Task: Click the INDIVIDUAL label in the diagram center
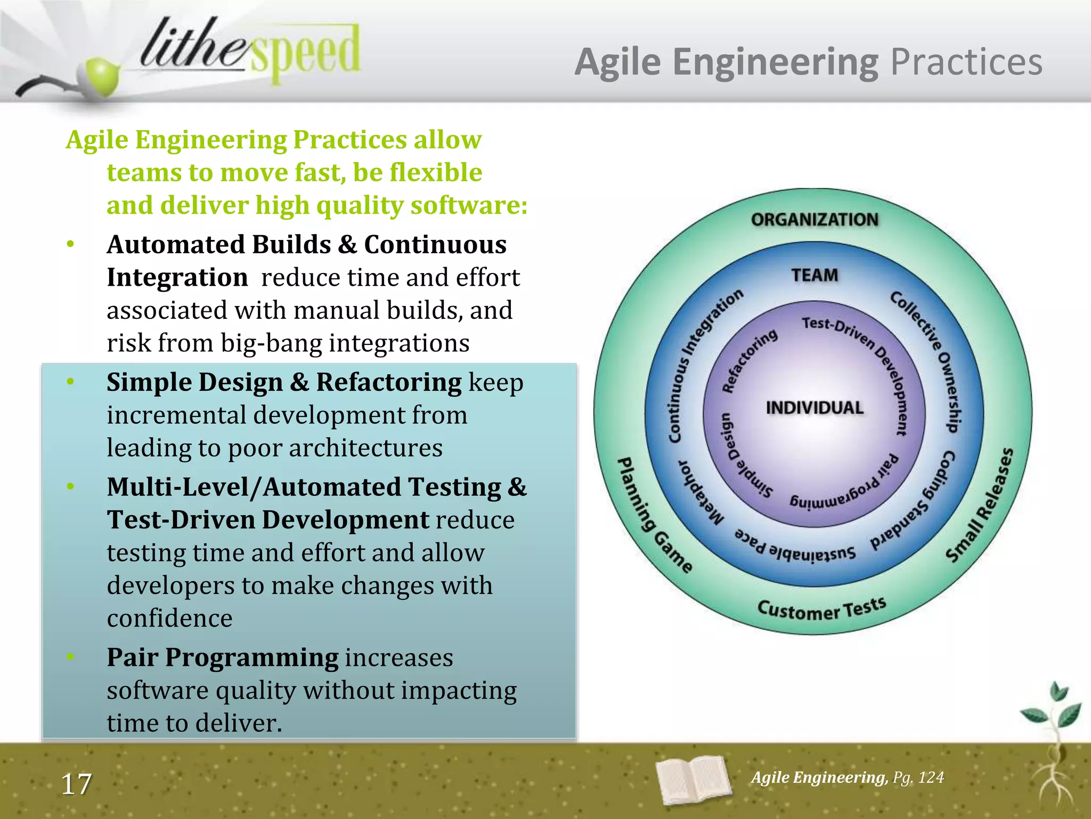click(814, 408)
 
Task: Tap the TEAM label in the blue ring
click(814, 275)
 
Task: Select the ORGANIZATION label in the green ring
click(814, 220)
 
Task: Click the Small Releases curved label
click(980, 505)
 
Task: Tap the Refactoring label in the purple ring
click(748, 360)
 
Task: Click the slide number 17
click(76, 784)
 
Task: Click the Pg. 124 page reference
click(918, 777)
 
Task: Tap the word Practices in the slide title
click(966, 62)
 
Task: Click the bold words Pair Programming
click(222, 657)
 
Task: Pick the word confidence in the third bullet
click(169, 619)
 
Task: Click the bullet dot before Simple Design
click(70, 382)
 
